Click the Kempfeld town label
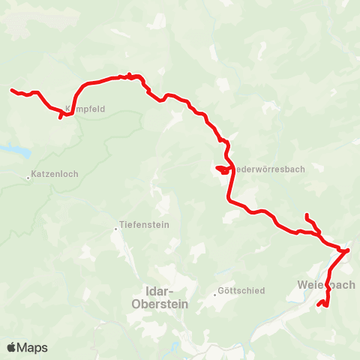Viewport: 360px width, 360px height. tap(85, 109)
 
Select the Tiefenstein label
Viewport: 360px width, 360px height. tap(145, 225)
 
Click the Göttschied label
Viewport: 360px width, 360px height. tap(241, 291)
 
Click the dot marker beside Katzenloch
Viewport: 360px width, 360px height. tap(29, 178)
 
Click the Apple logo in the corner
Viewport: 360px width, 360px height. tap(12, 347)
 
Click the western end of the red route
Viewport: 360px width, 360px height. tap(12, 91)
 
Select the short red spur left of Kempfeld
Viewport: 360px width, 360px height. tap(61, 117)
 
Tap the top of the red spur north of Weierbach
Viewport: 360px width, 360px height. tap(307, 216)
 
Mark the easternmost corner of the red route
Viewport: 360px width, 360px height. tap(349, 250)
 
